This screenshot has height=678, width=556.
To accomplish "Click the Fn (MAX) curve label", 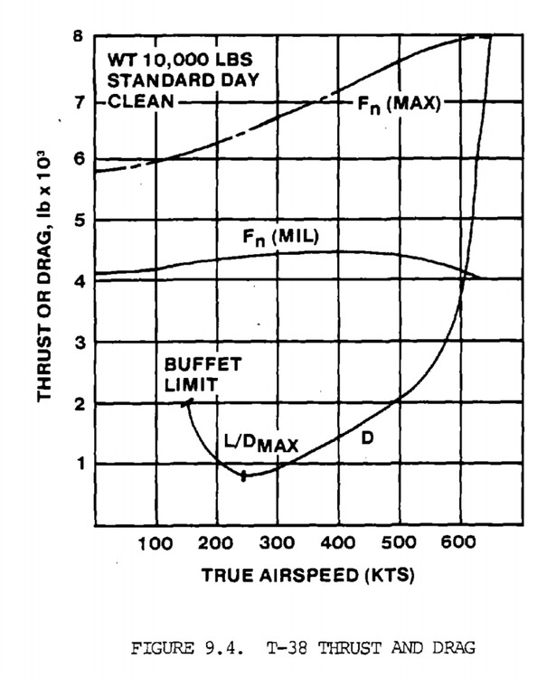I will (395, 105).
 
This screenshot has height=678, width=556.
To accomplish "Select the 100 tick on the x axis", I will (156, 546).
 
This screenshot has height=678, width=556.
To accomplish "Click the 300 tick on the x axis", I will (277, 546).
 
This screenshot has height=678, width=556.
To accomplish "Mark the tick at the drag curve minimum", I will (243, 476).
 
